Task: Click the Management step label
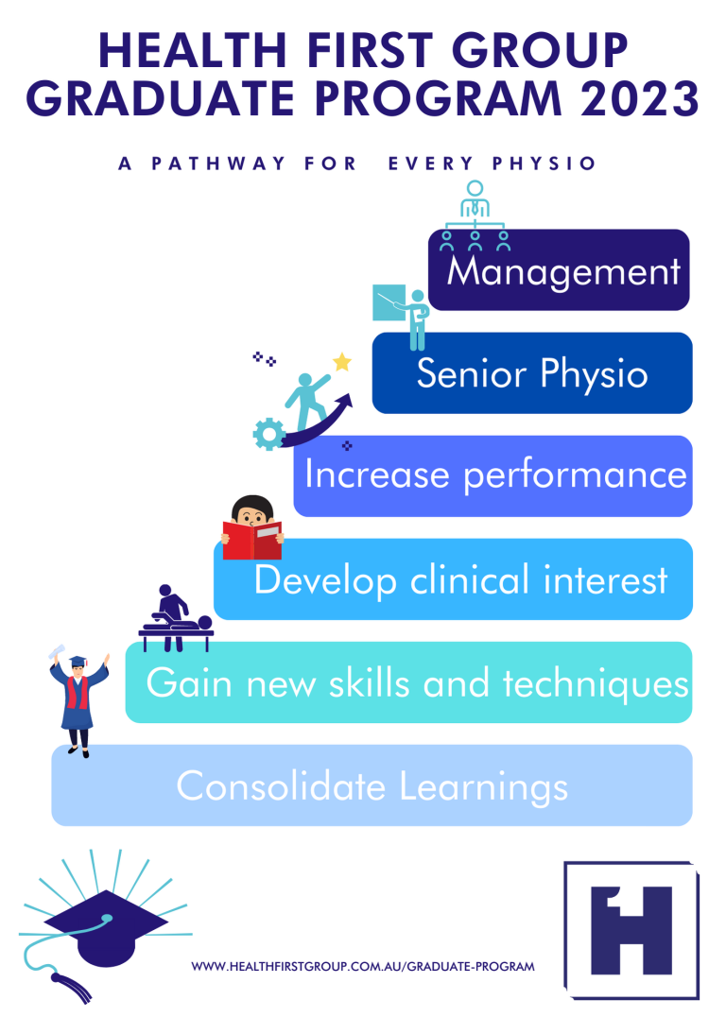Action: click(563, 272)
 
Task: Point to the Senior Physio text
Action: click(532, 374)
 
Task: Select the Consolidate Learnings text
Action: click(372, 786)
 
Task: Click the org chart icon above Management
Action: click(475, 215)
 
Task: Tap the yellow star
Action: click(341, 362)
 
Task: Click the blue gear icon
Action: click(269, 434)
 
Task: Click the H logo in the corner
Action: click(631, 929)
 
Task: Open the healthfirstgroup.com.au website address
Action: click(363, 967)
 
